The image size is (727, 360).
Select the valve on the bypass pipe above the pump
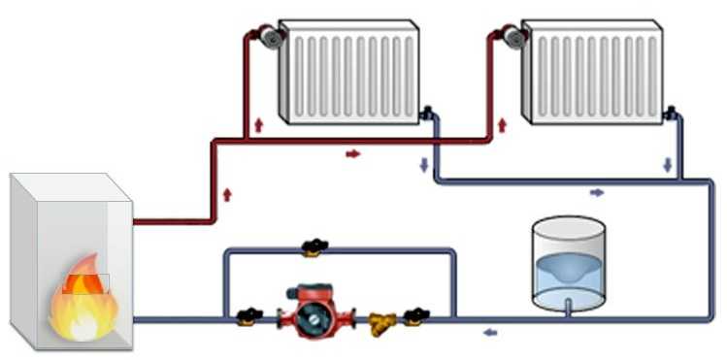tap(313, 248)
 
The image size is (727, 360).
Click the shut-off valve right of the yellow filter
tap(417, 314)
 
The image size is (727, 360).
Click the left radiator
tap(347, 72)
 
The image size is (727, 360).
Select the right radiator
tap(591, 72)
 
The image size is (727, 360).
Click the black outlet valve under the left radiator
tap(426, 114)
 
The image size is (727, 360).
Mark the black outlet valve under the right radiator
tap(670, 114)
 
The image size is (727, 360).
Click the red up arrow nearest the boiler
tap(227, 194)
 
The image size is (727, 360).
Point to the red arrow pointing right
tap(353, 153)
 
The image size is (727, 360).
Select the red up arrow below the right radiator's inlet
tap(502, 125)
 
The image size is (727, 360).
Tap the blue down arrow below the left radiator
tap(423, 165)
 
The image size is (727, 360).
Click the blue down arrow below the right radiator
tap(667, 165)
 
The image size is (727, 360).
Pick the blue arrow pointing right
tap(597, 192)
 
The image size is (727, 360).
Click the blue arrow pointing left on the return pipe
tap(489, 333)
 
